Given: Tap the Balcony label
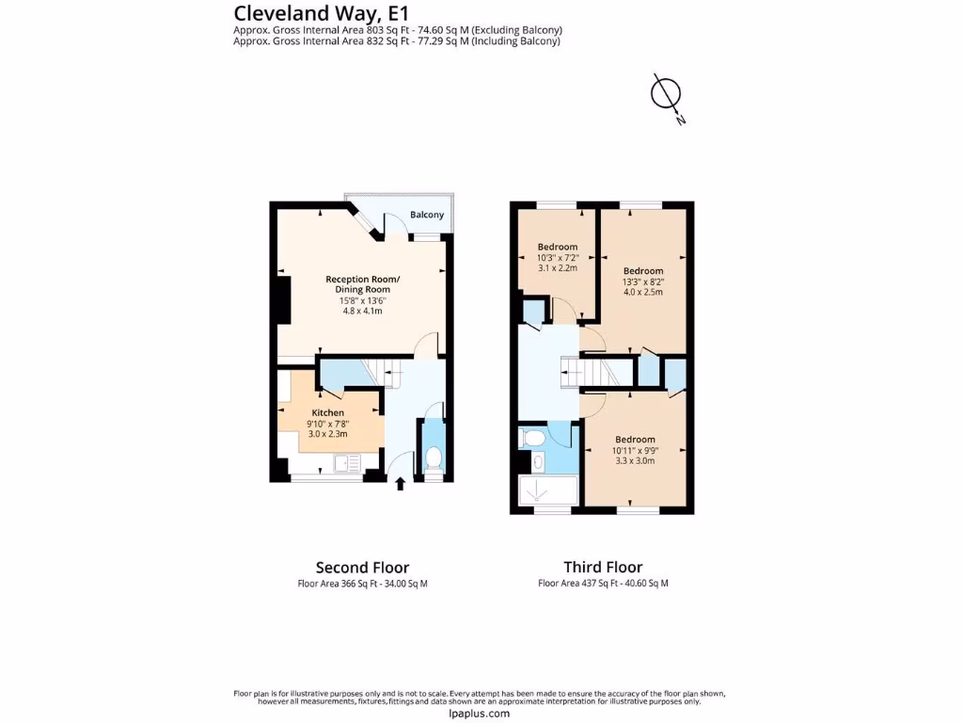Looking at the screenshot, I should [426, 215].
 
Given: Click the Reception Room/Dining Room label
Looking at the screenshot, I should [362, 283].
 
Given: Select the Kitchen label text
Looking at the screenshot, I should [328, 412].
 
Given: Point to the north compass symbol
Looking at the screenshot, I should [667, 94].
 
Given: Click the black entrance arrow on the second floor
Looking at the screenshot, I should [400, 484].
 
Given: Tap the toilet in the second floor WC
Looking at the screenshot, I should [434, 458].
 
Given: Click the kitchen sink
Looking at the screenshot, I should [345, 462].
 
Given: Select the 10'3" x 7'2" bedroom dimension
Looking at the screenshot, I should [558, 257].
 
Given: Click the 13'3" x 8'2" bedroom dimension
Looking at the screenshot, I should [643, 281].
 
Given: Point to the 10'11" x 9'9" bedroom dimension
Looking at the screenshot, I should [635, 450].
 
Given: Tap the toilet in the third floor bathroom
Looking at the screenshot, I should [532, 437].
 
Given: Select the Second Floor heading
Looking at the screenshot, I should [362, 567].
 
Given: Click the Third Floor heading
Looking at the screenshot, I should [603, 567].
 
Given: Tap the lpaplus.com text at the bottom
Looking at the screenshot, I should [480, 713].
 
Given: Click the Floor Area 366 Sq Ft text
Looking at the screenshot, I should [362, 584].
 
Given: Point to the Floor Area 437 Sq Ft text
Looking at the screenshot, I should [603, 584].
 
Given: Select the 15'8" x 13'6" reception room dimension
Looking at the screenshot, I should [362, 300].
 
